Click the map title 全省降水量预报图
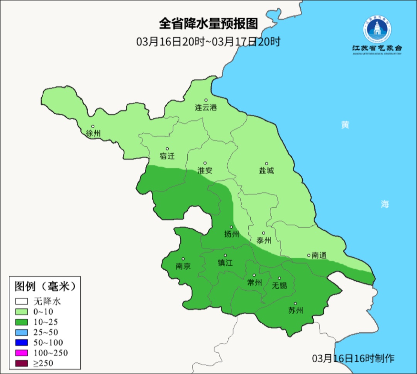click(x=208, y=24)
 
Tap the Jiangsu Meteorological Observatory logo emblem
click(x=377, y=29)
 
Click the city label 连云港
click(x=206, y=108)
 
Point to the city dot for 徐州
click(x=93, y=126)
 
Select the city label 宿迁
click(x=167, y=156)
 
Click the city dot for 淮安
click(x=205, y=163)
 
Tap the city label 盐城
click(x=266, y=171)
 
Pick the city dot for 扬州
click(x=232, y=227)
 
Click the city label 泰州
click(x=264, y=240)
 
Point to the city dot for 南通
click(x=309, y=255)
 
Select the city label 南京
click(x=183, y=266)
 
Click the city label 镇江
click(x=225, y=263)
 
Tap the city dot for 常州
click(x=254, y=275)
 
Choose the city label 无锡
click(x=280, y=286)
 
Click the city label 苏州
click(x=296, y=311)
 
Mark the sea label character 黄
click(x=345, y=125)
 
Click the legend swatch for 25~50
click(x=22, y=332)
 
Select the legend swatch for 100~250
click(x=22, y=353)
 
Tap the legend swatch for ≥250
click(x=22, y=363)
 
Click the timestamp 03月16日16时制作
click(x=353, y=358)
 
